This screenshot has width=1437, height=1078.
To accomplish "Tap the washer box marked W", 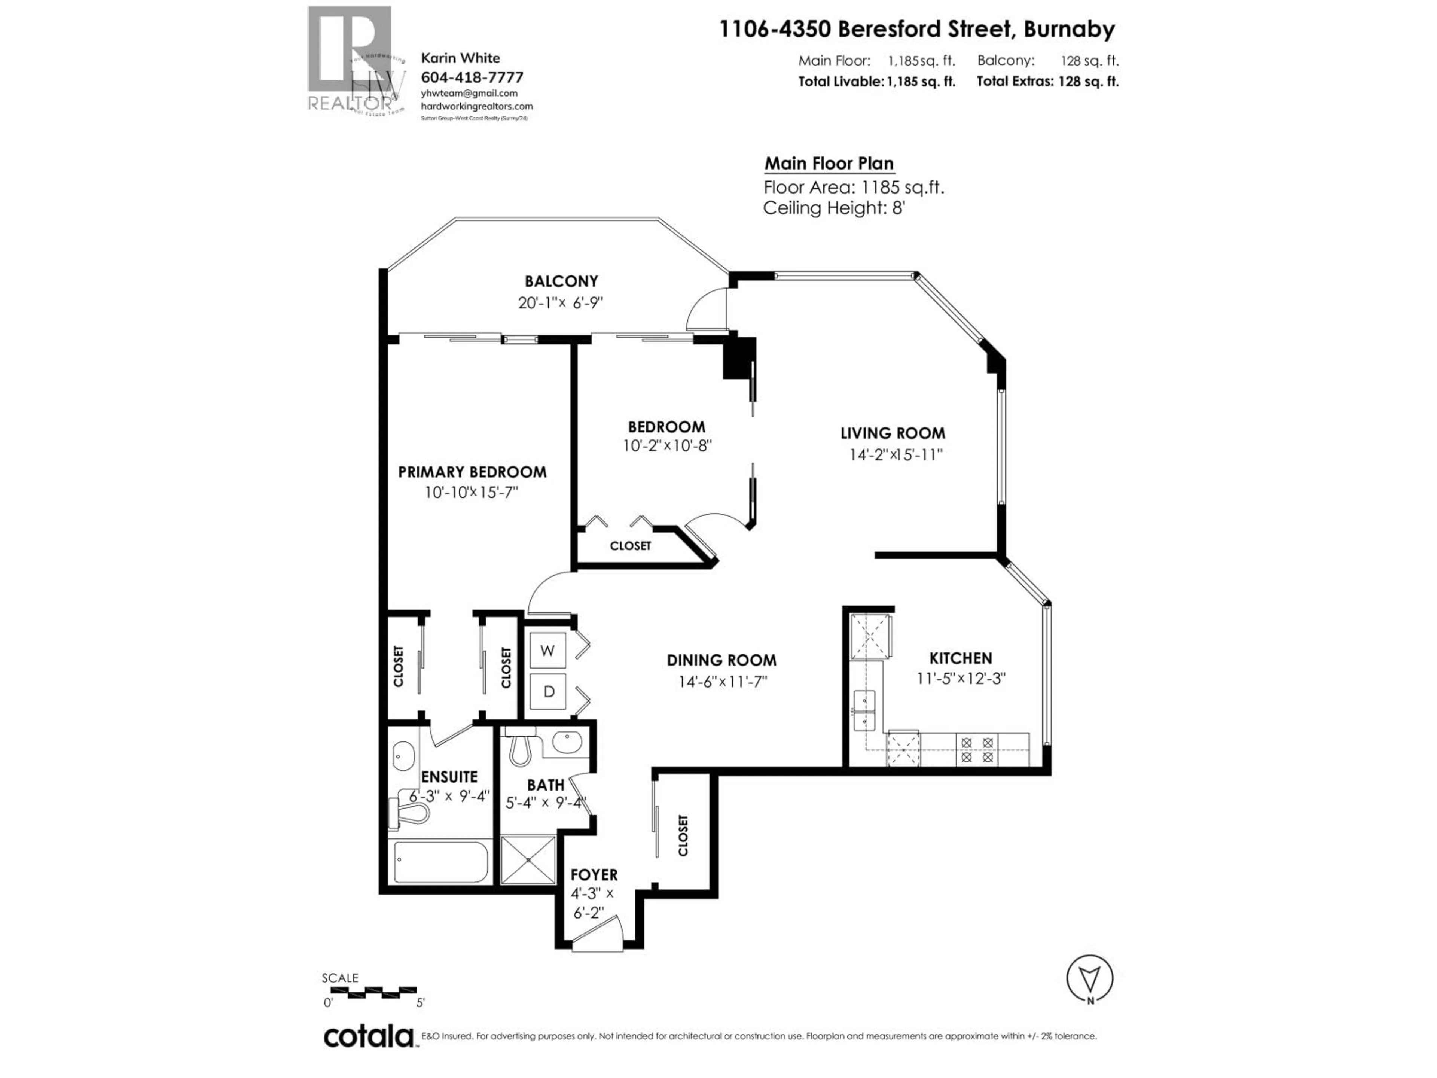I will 547,651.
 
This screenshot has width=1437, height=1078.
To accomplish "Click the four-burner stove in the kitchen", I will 976,749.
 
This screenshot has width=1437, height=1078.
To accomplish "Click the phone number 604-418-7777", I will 472,77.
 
